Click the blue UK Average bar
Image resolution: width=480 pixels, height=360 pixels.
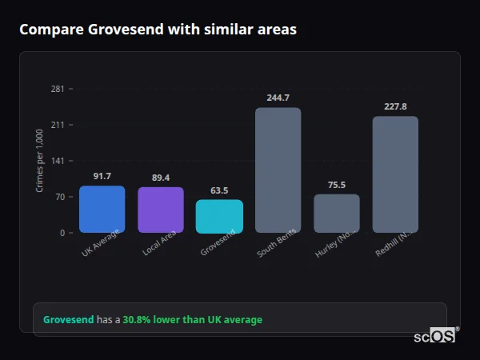click(102, 209)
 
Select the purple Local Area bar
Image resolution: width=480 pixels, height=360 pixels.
click(161, 210)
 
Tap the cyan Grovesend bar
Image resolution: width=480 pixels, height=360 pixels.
click(219, 216)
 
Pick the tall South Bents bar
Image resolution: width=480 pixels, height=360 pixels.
click(278, 170)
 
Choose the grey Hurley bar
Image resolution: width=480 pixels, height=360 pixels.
click(336, 213)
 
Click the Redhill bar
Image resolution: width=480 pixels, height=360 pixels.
click(395, 174)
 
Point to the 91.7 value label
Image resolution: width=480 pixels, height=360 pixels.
click(102, 176)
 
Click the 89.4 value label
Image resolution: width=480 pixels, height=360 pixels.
click(161, 178)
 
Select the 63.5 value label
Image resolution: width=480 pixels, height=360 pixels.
click(219, 190)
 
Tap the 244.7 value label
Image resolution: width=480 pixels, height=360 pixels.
click(278, 98)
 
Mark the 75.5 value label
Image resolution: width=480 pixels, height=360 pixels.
click(336, 185)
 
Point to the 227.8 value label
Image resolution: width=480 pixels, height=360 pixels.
click(395, 106)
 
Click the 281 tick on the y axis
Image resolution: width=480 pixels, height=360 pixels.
click(58, 89)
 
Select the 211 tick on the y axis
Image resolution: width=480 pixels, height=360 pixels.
click(58, 125)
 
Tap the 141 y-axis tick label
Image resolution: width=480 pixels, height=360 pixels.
click(58, 161)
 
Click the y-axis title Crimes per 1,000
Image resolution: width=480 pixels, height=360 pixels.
click(40, 161)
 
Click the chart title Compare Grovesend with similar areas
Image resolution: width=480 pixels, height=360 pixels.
click(158, 30)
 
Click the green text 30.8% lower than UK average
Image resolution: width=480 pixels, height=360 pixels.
click(192, 320)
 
